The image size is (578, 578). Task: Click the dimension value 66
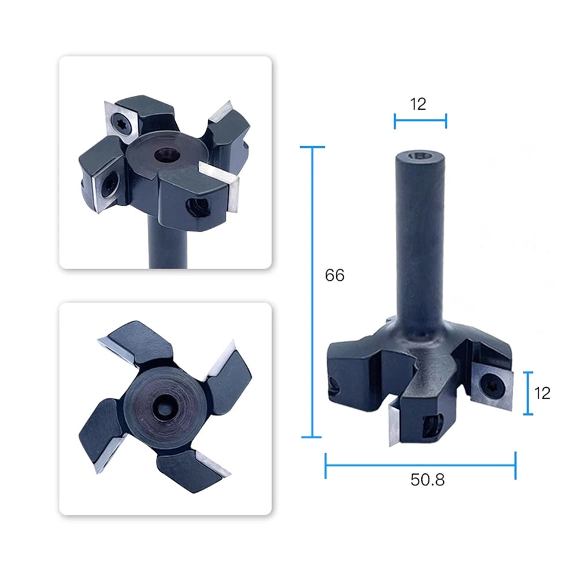pyautogui.click(x=335, y=275)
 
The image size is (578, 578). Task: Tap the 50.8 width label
pyautogui.click(x=428, y=480)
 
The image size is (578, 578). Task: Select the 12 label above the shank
pyautogui.click(x=418, y=104)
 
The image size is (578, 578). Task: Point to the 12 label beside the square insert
pyautogui.click(x=542, y=393)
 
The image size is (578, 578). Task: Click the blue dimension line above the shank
pyautogui.click(x=420, y=121)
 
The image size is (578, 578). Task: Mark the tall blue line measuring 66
pyautogui.click(x=313, y=292)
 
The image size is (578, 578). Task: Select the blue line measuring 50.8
pyautogui.click(x=420, y=465)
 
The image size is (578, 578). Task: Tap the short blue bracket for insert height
pyautogui.click(x=528, y=393)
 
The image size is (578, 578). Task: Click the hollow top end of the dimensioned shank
pyautogui.click(x=420, y=156)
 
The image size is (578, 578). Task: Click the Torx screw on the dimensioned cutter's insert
pyautogui.click(x=491, y=387)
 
